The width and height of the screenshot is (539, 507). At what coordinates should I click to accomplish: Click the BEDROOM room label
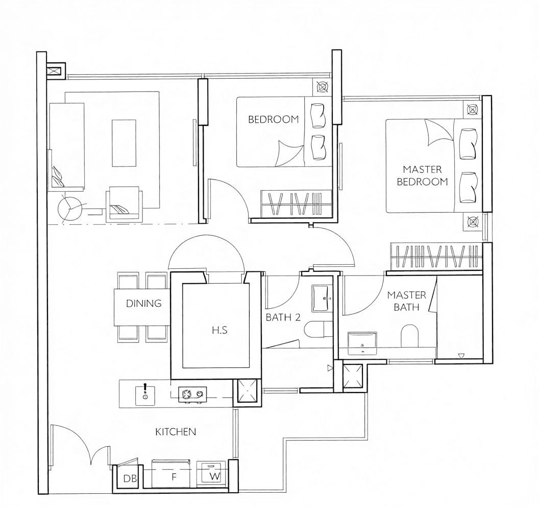[x=273, y=120]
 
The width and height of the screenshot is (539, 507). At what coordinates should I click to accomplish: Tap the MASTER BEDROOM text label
[x=423, y=175]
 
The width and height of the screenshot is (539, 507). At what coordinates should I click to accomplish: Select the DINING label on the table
[x=144, y=303]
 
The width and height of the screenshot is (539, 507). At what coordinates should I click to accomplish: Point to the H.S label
[x=219, y=331]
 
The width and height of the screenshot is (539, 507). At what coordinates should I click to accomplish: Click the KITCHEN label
[x=176, y=432]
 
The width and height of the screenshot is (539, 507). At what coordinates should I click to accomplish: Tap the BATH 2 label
[x=283, y=317]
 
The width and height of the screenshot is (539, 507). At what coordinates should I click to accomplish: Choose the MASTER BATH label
[x=406, y=301]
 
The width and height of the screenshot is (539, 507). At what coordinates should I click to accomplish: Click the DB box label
[x=130, y=478]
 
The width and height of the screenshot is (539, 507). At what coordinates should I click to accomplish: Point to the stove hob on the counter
[x=192, y=395]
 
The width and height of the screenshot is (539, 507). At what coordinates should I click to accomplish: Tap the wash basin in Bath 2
[x=322, y=298]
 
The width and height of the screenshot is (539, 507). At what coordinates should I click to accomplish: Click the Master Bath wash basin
[x=362, y=343]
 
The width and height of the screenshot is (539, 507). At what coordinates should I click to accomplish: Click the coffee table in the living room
[x=124, y=143]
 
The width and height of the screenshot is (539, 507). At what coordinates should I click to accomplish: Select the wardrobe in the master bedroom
[x=436, y=257]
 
